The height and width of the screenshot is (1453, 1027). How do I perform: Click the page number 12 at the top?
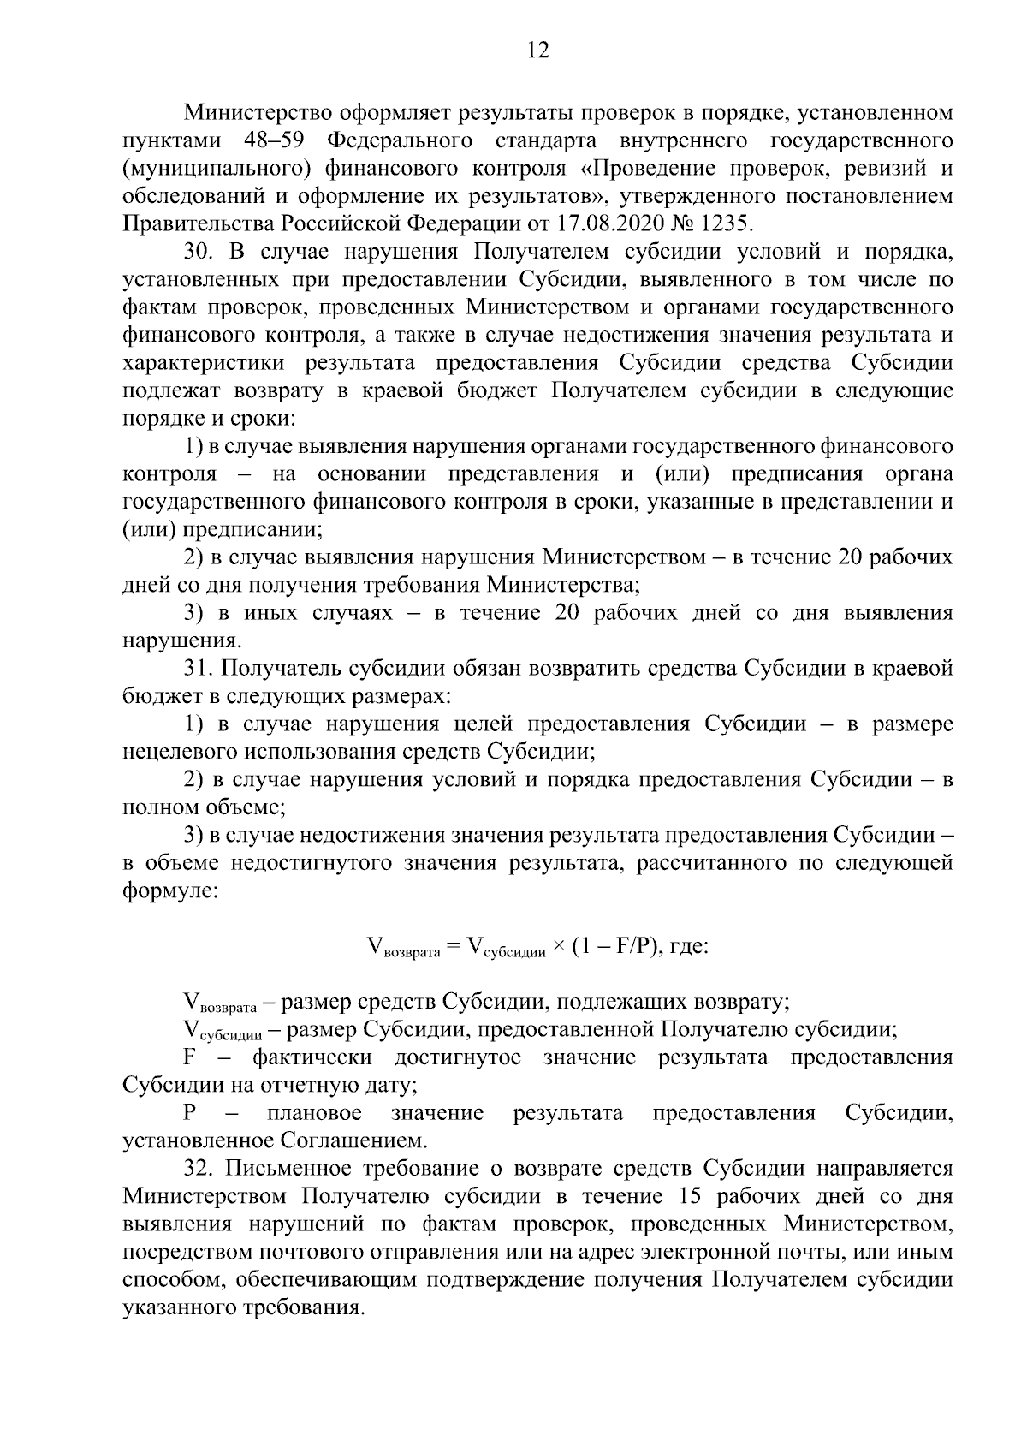tap(537, 50)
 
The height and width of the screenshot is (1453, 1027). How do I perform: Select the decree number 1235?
tap(726, 224)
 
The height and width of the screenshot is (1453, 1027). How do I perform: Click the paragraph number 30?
tap(198, 253)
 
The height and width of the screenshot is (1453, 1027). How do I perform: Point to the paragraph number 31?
tap(196, 668)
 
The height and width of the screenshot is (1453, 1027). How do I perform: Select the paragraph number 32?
tap(198, 1169)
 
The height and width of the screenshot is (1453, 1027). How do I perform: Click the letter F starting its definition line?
tap(190, 1057)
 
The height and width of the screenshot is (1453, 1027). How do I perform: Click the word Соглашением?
tap(353, 1141)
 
